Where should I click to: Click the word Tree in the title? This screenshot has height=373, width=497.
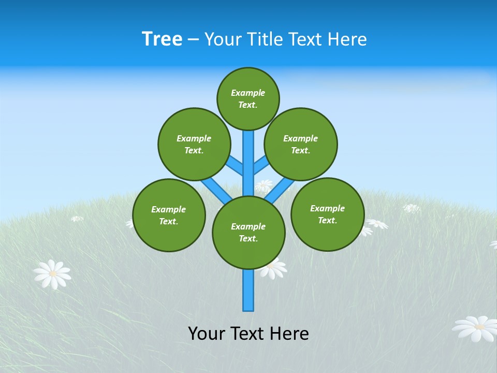(x=162, y=39)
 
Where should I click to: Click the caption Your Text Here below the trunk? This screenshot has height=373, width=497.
(x=248, y=333)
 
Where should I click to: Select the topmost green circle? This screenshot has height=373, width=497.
(x=248, y=98)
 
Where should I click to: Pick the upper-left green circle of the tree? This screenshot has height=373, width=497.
(x=194, y=144)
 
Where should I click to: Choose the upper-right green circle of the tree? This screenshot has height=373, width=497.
(x=301, y=144)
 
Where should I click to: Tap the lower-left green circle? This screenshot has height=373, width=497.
(x=169, y=215)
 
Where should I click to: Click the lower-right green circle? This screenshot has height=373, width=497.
(x=327, y=214)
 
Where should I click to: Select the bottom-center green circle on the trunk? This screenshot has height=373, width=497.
(x=248, y=232)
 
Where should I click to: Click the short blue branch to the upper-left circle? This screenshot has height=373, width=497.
(x=235, y=165)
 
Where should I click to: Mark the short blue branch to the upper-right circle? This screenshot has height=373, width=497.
(x=261, y=165)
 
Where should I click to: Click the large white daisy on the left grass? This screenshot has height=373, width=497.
(x=52, y=274)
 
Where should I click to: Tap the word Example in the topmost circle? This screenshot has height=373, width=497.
(x=248, y=93)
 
